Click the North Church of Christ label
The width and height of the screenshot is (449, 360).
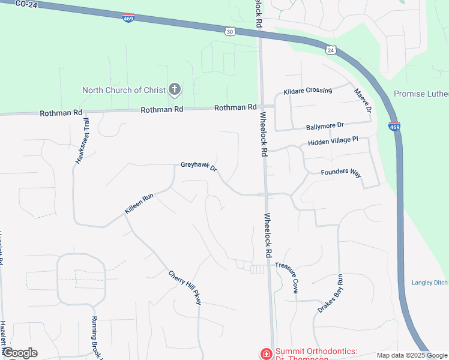[x=124, y=90]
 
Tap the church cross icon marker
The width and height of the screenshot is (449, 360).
[x=175, y=90]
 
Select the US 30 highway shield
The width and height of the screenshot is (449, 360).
[x=230, y=31]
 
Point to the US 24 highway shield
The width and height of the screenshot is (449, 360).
[x=331, y=50]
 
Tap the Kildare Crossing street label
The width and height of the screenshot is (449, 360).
[x=308, y=91]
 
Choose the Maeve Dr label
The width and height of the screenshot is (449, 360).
[x=363, y=100]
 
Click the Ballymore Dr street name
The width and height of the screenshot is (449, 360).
[x=324, y=126]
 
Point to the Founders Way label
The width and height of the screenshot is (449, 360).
[x=341, y=172]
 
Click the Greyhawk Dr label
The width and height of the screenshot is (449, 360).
[x=199, y=168]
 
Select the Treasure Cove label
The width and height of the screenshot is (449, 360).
[x=286, y=277]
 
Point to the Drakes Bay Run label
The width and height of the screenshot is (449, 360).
[x=330, y=293]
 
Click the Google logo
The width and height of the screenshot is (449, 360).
[x=20, y=353]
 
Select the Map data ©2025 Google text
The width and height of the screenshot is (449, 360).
[x=412, y=355]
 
